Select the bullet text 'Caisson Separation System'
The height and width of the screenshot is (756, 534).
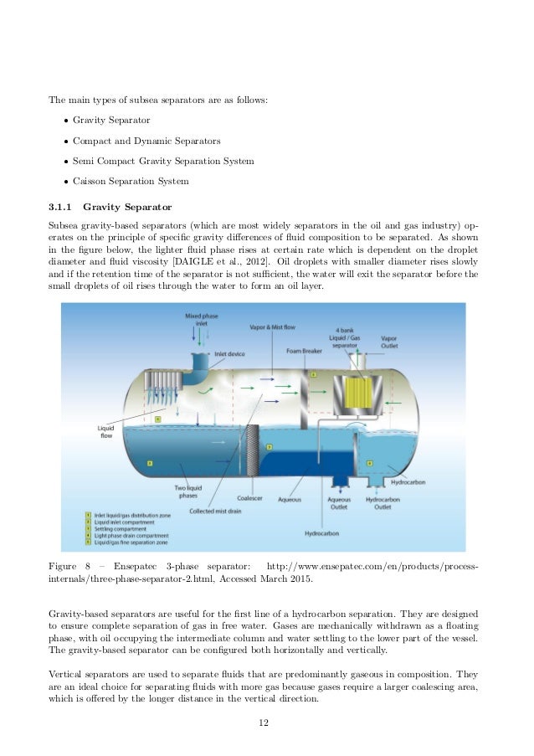coord(131,180)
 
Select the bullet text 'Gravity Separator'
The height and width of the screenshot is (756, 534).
coord(111,121)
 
